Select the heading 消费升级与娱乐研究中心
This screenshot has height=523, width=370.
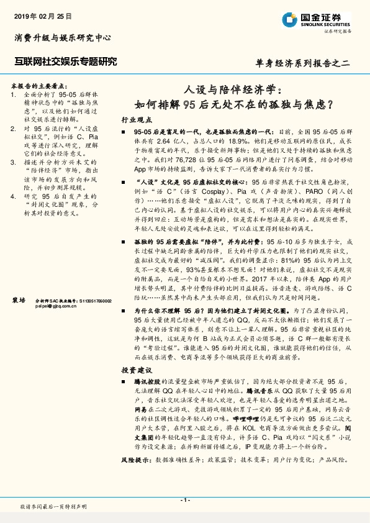click(x=63, y=38)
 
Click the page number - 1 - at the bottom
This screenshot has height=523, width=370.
click(x=185, y=500)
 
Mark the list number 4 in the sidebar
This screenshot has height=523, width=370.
click(x=14, y=197)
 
